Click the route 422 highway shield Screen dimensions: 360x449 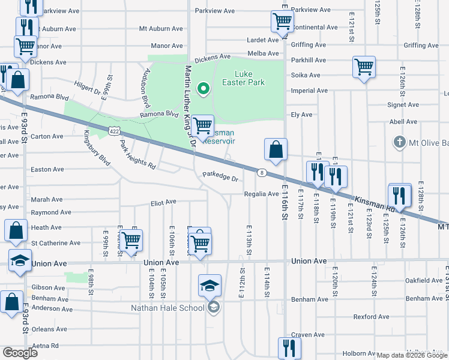tap(113, 130)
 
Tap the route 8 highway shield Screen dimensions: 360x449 tap(262, 173)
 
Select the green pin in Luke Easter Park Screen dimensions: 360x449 tap(203, 90)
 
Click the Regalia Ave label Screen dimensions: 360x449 tap(261, 194)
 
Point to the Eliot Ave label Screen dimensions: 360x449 tap(163, 202)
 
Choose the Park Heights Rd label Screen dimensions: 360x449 tap(137, 155)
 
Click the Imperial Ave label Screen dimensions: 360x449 tap(309, 91)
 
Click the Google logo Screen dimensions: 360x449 tap(20, 352)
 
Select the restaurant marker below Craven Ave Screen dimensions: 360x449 tap(289, 348)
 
